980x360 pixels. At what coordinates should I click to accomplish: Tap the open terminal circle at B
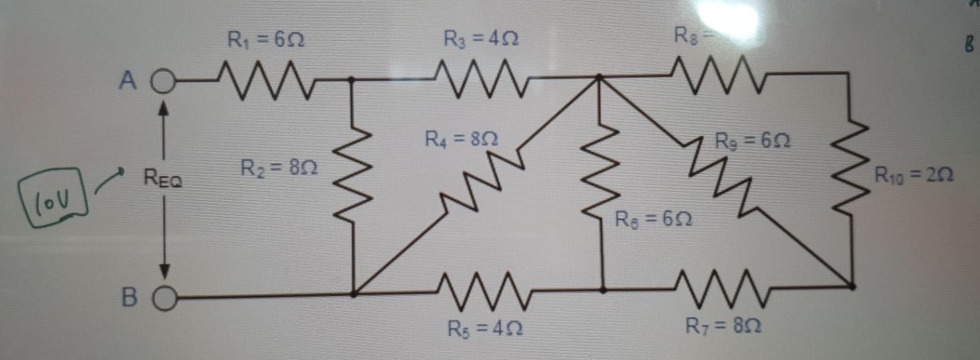(x=166, y=296)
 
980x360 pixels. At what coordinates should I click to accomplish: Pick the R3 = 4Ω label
(x=481, y=40)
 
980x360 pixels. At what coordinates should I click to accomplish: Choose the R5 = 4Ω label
(x=485, y=329)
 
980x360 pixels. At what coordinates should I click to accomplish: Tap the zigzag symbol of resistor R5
(x=484, y=292)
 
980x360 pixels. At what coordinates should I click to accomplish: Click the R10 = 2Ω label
(x=913, y=176)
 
